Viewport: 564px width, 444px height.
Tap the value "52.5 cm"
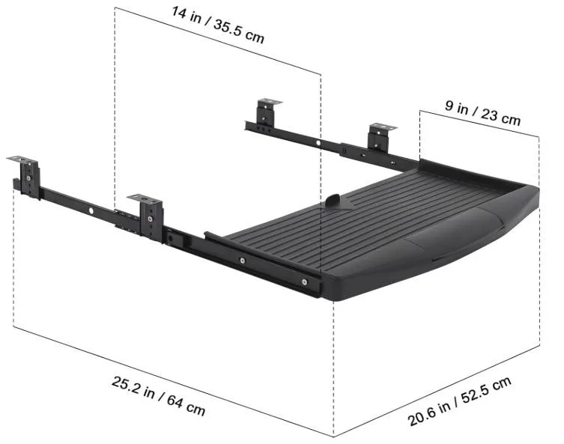tap(488, 390)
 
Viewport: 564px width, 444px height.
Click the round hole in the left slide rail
tap(91, 211)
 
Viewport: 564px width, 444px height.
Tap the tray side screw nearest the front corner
tap(303, 282)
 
